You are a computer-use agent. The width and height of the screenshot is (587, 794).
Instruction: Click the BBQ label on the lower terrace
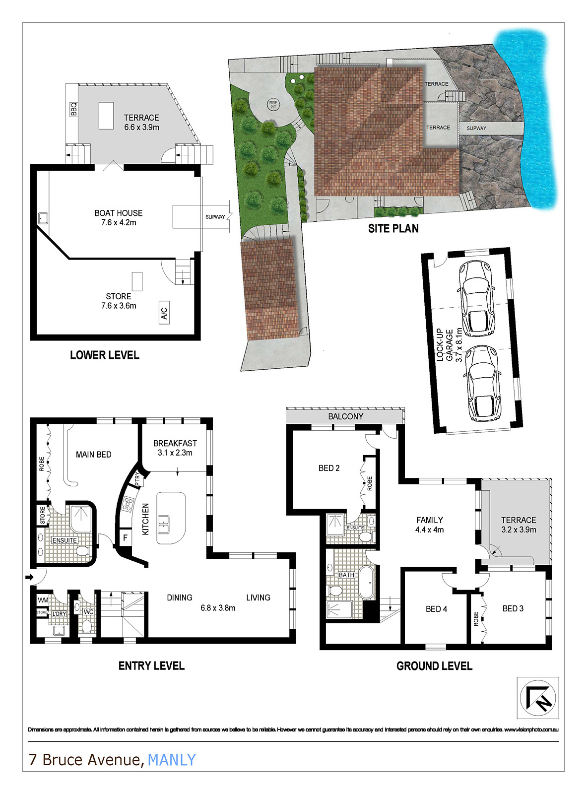click(74, 109)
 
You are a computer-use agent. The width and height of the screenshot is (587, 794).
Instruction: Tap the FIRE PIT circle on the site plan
click(273, 105)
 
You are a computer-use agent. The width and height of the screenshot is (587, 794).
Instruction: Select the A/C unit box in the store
click(164, 313)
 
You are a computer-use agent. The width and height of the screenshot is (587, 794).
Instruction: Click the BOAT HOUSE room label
click(118, 217)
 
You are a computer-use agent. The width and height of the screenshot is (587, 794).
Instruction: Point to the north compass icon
click(538, 697)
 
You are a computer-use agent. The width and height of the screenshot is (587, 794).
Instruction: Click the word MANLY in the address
click(172, 760)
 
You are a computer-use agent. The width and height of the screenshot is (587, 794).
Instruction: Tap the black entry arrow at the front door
click(29, 577)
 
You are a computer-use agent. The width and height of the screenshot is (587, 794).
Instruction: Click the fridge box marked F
click(125, 537)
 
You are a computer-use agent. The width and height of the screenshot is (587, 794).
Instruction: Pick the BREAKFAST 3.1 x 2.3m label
click(175, 448)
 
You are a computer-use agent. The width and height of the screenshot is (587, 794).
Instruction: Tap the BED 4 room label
click(436, 609)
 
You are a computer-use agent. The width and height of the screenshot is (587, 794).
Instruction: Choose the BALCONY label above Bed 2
click(345, 416)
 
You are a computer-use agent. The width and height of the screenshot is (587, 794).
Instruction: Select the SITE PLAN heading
click(393, 229)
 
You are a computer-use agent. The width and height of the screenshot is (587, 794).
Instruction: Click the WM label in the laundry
click(43, 600)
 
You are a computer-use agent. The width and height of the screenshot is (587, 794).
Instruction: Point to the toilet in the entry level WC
click(87, 626)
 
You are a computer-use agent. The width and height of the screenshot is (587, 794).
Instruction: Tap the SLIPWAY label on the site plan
click(476, 128)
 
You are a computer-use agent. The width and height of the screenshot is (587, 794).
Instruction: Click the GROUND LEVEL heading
click(434, 666)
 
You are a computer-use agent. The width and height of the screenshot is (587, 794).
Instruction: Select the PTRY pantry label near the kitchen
click(137, 479)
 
